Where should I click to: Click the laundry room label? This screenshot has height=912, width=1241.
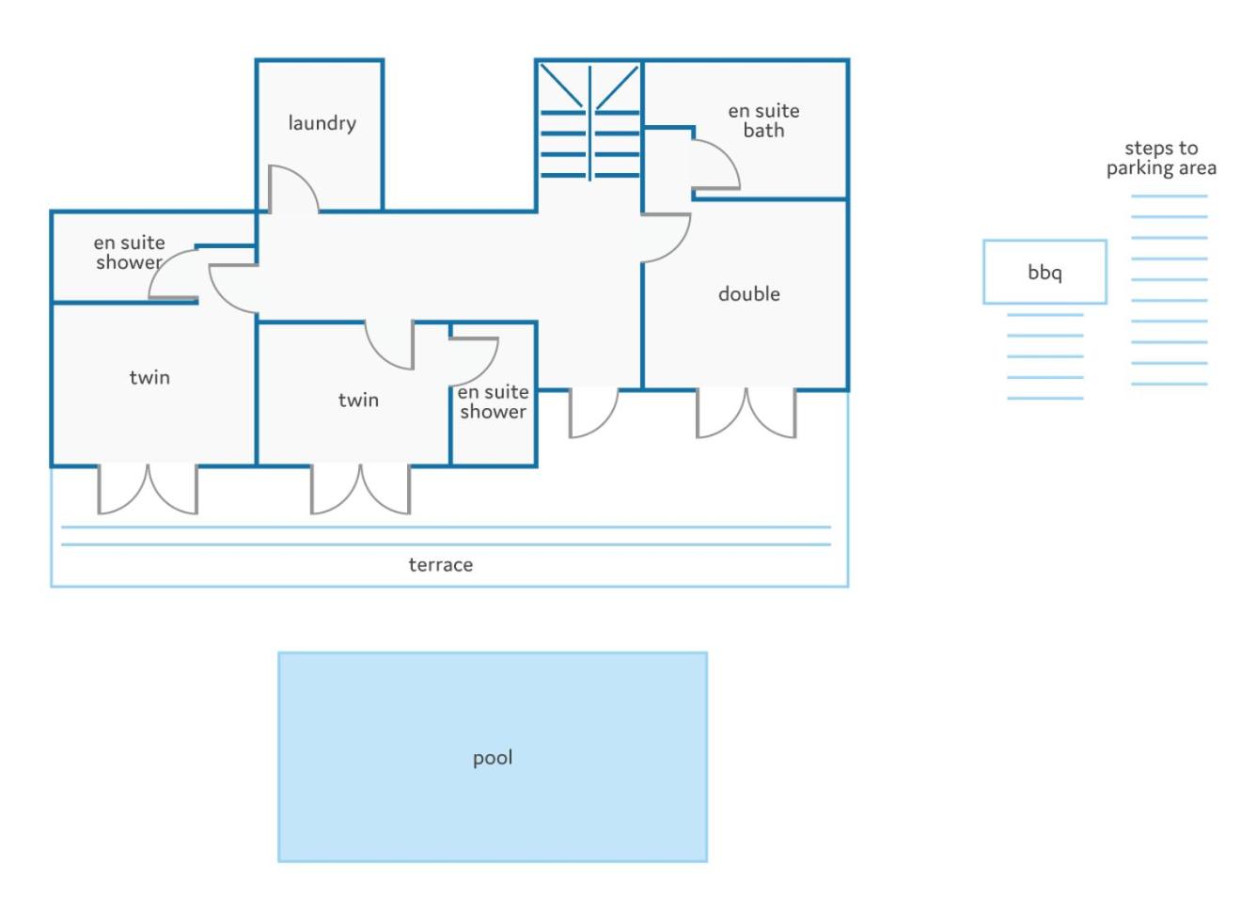[x=322, y=123]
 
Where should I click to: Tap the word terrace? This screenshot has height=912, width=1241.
[x=440, y=565]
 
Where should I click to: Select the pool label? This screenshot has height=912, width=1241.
[x=493, y=758]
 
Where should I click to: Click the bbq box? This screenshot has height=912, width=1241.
[x=1045, y=272]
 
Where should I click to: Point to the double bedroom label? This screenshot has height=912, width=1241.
[x=749, y=293]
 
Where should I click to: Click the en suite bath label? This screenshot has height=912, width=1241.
[x=763, y=120]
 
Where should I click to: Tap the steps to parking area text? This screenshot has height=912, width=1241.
[x=1161, y=158]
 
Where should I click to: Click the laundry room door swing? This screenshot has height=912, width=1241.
[x=293, y=188]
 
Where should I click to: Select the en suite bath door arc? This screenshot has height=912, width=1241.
[x=715, y=165]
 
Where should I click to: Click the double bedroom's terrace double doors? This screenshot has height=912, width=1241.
[x=746, y=413]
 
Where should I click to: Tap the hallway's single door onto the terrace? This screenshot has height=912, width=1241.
[x=593, y=413]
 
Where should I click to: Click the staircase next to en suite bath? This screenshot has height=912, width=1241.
[x=589, y=122]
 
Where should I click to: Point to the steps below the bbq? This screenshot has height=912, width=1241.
[x=1045, y=356]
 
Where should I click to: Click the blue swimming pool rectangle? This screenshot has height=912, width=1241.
[x=493, y=757]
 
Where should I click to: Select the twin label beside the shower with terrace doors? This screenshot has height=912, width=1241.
[x=358, y=400]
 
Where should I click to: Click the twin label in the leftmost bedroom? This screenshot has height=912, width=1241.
[x=149, y=377]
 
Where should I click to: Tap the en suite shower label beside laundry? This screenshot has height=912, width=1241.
[x=129, y=252]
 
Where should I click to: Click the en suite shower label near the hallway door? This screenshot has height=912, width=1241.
[x=493, y=401]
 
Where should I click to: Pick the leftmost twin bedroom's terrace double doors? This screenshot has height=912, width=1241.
[x=148, y=489]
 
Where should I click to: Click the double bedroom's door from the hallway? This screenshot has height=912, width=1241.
[x=667, y=238]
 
